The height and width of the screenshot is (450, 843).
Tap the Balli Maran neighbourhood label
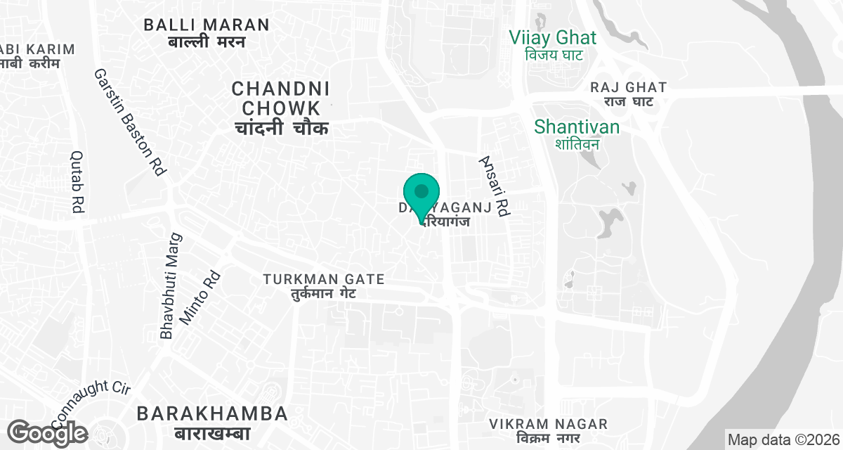click(207, 25)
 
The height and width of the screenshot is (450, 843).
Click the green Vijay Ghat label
click(553, 38)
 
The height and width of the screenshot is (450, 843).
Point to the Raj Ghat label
click(628, 87)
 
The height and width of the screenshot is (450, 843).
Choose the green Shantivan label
click(577, 127)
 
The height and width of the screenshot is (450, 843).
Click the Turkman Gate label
click(324, 280)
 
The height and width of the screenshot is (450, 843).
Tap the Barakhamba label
click(212, 413)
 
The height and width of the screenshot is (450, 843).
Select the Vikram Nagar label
click(549, 424)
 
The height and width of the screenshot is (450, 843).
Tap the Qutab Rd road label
click(77, 182)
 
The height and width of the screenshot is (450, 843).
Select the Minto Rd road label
click(200, 297)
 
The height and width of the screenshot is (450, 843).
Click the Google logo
click(48, 432)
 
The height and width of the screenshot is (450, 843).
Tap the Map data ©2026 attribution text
click(783, 440)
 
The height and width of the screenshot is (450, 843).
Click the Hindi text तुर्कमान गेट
click(324, 294)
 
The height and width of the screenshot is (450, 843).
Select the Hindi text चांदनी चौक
click(280, 129)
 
